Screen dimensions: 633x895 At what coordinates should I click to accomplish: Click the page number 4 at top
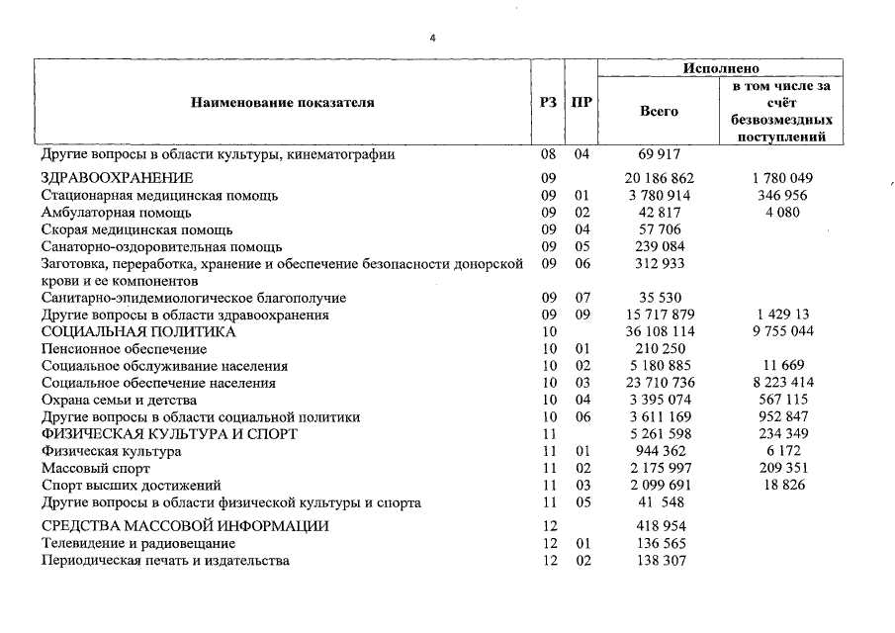pos(431,38)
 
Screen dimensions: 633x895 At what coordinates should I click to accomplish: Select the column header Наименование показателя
pos(283,102)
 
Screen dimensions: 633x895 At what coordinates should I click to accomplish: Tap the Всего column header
pos(660,112)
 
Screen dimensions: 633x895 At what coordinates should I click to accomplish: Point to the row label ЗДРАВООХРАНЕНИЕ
pos(117,178)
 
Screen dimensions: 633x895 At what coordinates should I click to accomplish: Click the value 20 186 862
pos(660,178)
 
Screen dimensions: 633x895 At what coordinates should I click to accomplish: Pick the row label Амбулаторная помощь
pos(116,213)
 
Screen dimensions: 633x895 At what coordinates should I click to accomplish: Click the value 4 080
pos(781,213)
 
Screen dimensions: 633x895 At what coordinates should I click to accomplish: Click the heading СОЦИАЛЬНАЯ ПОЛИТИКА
pos(138,332)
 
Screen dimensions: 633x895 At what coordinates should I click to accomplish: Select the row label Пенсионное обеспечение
pos(124,349)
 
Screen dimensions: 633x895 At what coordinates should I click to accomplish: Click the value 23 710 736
pos(660,383)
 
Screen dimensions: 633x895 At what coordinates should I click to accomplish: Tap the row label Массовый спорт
pos(96,468)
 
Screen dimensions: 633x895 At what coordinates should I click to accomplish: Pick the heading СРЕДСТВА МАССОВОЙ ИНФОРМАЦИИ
pos(185,526)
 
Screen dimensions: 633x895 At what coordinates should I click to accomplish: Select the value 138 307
pos(660,561)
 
